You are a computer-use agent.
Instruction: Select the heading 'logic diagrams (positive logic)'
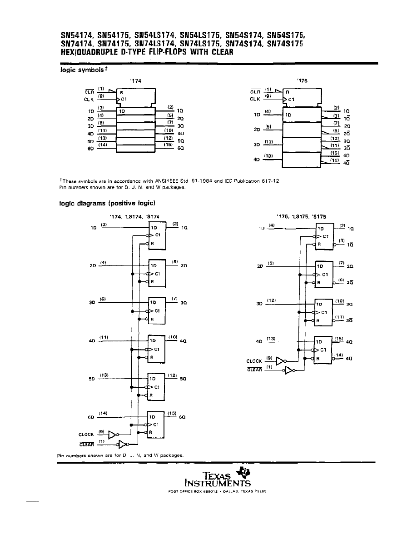click(108, 203)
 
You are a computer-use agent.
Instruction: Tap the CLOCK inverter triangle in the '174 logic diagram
click(112, 435)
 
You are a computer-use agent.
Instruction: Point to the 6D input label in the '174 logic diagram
click(90, 417)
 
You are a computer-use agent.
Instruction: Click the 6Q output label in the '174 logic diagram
click(182, 417)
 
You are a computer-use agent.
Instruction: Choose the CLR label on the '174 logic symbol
click(89, 91)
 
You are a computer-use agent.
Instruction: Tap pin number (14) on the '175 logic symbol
click(334, 160)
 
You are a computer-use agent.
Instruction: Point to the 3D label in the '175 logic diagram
click(259, 304)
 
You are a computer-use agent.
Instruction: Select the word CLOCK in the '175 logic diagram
click(254, 361)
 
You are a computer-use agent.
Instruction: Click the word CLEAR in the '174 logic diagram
click(86, 444)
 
